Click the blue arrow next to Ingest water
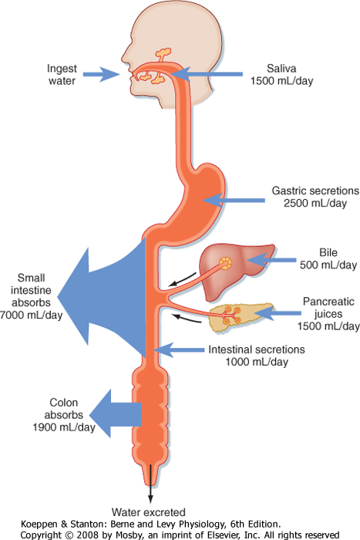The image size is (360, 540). click(101, 74)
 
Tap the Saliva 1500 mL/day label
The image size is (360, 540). click(281, 75)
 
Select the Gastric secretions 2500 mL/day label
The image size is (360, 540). click(315, 197)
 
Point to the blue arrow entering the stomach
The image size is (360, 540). click(234, 200)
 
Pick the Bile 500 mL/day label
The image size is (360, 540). click(328, 258)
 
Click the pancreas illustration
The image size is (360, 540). click(242, 317)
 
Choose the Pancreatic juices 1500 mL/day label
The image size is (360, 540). click(328, 314)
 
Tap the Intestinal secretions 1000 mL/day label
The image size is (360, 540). click(257, 356)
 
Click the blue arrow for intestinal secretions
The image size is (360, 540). click(179, 350)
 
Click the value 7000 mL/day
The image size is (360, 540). click(32, 315)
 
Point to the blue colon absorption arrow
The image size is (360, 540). click(116, 413)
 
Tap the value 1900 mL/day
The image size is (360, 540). click(64, 427)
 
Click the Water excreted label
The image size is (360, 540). click(148, 512)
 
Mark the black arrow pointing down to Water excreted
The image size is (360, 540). click(150, 484)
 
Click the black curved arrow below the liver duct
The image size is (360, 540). click(182, 280)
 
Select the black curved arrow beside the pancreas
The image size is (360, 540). click(187, 318)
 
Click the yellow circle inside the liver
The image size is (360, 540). click(225, 264)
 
